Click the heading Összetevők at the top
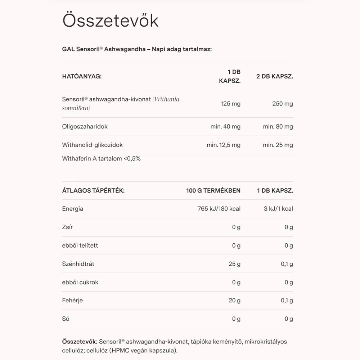pos(110,21)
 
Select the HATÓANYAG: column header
pos(82,76)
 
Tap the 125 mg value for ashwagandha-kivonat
pos(230,104)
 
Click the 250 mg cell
pos(283,104)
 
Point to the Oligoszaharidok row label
pos(85,126)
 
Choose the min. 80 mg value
pos(278,126)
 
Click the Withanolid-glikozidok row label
pos(92,145)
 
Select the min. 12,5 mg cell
pos(224,145)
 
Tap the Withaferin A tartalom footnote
pos(101,158)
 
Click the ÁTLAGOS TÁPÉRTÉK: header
pos(93,190)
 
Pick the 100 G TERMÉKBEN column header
pos(213,190)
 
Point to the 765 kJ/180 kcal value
pos(219,208)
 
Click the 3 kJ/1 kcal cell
pos(278,208)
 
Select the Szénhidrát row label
pos(78,264)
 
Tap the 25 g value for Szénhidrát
pos(234,264)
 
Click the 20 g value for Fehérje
pos(234,300)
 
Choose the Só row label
pos(66,319)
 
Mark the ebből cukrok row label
pos(80,282)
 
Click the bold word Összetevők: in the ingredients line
pos(80,341)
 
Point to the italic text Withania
pos(166,99)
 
